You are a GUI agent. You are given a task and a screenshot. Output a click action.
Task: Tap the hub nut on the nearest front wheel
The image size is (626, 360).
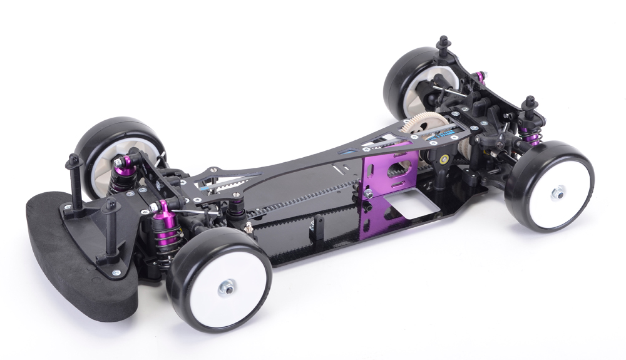point(223,289)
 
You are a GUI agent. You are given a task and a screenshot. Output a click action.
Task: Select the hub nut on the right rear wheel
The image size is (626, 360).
point(555,195)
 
